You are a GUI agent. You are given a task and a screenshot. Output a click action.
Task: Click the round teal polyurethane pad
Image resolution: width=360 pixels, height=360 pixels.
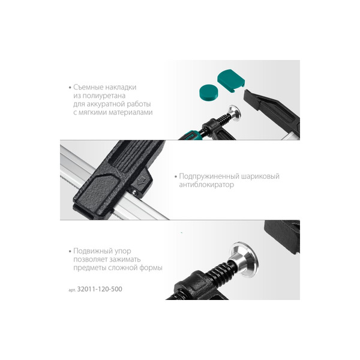pos(209,92)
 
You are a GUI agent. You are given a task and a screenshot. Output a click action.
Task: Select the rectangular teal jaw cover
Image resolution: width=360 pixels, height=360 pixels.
pos(231,80)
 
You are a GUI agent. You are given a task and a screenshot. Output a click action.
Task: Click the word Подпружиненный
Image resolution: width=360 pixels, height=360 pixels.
pos(209,176)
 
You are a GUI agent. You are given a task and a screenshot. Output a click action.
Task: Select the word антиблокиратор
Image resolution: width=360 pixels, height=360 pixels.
pos(206,185)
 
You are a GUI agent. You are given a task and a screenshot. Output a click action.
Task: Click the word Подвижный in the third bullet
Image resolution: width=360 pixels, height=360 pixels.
pos(91,251)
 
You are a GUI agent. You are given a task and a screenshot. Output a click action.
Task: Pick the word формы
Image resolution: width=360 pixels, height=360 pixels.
pos(151,268)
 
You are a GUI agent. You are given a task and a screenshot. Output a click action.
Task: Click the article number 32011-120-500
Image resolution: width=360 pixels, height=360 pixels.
pos(100,289)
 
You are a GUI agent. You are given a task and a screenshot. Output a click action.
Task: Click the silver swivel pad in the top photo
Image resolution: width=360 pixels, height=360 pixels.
pos(234,113)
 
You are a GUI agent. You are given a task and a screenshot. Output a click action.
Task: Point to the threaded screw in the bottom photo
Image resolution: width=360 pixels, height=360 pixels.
pos(219,272)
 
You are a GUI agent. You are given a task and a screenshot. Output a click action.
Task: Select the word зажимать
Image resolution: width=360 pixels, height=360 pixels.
pos(125,259)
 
